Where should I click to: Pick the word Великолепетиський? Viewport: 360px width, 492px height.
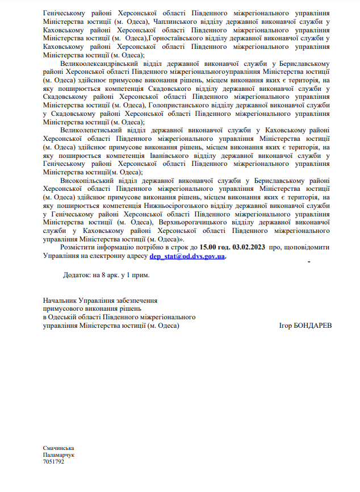[x=93, y=130]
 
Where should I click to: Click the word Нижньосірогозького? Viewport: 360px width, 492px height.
[x=208, y=205]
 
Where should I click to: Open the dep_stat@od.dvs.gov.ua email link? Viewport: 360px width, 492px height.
[x=187, y=256]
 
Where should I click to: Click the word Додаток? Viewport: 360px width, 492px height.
[x=76, y=275]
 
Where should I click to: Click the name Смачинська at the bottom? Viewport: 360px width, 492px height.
[x=58, y=449]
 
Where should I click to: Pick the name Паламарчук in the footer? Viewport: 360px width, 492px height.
[x=59, y=455]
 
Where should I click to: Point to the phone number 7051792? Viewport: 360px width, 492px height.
[x=53, y=461]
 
